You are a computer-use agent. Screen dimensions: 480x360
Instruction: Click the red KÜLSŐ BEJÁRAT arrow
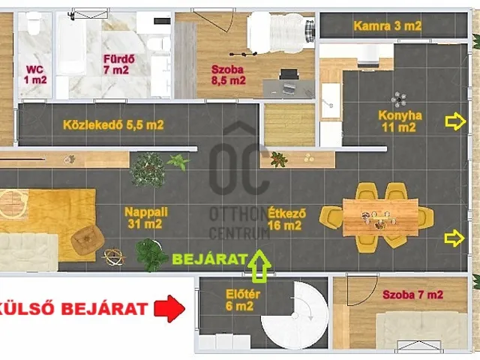pos(169,308)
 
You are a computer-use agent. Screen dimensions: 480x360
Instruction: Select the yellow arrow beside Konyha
pos(455,121)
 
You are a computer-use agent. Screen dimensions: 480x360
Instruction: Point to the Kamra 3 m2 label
pos(388,25)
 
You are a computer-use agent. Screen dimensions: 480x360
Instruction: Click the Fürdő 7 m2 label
pos(118,64)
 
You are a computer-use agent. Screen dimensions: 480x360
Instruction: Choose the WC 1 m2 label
pos(35,75)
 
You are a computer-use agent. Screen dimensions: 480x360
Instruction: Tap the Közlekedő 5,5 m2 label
pos(113,125)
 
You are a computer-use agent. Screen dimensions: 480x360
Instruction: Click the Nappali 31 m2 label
pos(145,218)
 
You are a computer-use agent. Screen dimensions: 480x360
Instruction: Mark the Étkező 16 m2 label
pos(286,219)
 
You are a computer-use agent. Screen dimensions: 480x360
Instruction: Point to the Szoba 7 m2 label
pos(412,295)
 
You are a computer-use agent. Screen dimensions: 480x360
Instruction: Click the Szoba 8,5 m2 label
pos(228,75)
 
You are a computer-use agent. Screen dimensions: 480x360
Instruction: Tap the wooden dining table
pos(380,217)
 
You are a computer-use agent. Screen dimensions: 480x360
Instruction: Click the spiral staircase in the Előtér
pos(295,315)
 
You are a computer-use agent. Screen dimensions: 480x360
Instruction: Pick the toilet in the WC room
pos(33,24)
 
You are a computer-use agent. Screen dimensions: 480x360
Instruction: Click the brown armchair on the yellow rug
pos(88,240)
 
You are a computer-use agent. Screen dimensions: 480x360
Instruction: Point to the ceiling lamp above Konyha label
pos(398,100)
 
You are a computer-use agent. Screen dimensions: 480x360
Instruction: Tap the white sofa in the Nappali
pos(28,252)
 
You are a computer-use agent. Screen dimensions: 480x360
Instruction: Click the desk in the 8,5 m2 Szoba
pos(288,88)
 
